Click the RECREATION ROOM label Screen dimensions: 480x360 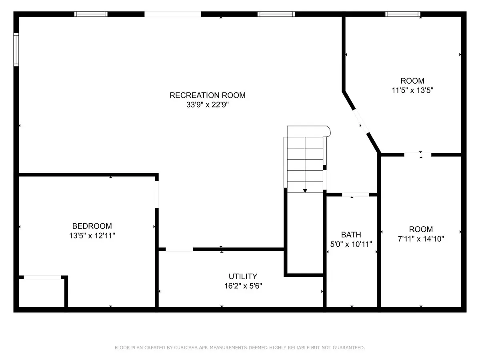[x=208, y=95]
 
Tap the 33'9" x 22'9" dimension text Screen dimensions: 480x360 [x=207, y=105]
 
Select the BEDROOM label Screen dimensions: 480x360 [x=92, y=226]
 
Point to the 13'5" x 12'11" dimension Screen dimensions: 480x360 [x=92, y=236]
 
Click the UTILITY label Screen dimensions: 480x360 [x=243, y=276]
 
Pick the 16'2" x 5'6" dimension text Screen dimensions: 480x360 [x=243, y=286]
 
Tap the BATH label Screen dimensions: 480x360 [x=351, y=235]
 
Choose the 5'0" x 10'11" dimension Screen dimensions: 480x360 [x=351, y=244]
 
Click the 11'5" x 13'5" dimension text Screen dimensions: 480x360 [x=412, y=90]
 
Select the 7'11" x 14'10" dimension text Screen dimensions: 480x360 [x=421, y=239]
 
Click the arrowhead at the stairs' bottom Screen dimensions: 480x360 [x=305, y=191]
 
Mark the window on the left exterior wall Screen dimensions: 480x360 [x=16, y=49]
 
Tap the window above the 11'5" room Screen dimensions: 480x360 [x=402, y=14]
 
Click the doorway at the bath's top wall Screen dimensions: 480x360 [x=356, y=194]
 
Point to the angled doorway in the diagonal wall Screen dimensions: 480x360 [x=360, y=121]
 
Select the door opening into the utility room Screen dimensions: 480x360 [x=179, y=249]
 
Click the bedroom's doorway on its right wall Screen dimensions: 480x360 [x=157, y=194]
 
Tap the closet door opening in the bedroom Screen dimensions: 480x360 [x=42, y=277]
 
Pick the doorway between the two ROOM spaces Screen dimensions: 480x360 [x=418, y=155]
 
